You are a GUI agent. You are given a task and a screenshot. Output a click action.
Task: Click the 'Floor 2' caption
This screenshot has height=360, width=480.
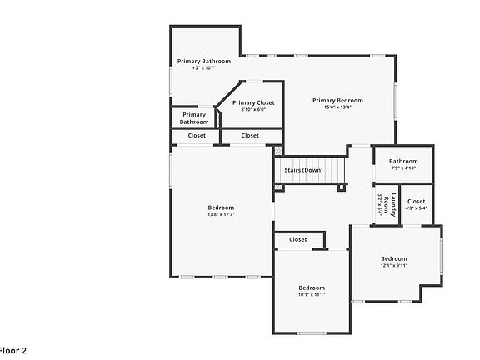tap(13, 351)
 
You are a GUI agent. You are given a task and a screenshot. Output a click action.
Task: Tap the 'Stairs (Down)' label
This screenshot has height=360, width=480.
tap(303, 170)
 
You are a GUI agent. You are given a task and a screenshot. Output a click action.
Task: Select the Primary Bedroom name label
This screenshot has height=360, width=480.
tap(337, 100)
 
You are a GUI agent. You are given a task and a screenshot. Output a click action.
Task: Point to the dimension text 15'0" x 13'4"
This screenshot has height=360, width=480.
tap(337, 107)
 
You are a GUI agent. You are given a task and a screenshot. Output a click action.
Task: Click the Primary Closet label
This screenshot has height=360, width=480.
tap(253, 102)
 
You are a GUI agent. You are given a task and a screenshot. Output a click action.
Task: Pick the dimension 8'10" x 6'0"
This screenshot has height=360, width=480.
tap(253, 109)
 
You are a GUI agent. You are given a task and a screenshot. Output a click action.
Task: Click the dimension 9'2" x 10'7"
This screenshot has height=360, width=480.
tap(204, 68)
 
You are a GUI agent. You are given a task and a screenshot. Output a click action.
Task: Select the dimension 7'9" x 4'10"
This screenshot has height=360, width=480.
tap(403, 168)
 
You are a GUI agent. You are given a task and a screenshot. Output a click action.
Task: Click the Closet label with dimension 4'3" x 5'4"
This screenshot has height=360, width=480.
tap(416, 201)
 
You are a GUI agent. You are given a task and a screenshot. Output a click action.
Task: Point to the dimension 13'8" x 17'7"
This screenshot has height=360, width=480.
tap(221, 214)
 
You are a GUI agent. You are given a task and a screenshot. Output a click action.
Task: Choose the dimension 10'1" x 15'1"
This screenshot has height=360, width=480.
tap(312, 294)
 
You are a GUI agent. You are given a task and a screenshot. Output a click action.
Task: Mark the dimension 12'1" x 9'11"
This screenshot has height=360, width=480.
tap(394, 266)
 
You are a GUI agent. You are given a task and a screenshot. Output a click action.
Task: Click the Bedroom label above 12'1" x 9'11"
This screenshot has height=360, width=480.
tap(394, 258)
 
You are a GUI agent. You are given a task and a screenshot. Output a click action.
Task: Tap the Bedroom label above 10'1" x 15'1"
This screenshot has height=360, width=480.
tap(312, 287)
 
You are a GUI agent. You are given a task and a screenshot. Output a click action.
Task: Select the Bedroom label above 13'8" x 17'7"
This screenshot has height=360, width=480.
tap(221, 207)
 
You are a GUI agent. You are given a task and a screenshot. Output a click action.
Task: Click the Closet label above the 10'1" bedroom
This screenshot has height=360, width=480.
tap(298, 239)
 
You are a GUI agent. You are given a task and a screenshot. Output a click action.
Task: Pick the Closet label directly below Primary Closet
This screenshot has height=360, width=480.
tap(250, 135)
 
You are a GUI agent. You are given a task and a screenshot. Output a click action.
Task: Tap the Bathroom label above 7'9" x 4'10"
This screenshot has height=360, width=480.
tap(403, 161)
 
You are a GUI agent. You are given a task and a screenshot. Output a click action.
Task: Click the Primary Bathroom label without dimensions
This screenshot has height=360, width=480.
tap(194, 118)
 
